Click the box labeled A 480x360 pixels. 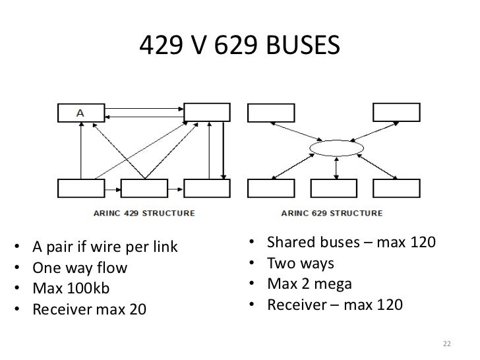(80, 113)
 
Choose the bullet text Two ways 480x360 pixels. (301, 264)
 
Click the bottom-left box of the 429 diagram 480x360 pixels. (80, 189)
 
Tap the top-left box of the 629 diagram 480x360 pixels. (270, 113)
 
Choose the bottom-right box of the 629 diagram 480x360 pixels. (396, 189)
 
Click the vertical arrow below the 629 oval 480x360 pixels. (337, 168)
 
